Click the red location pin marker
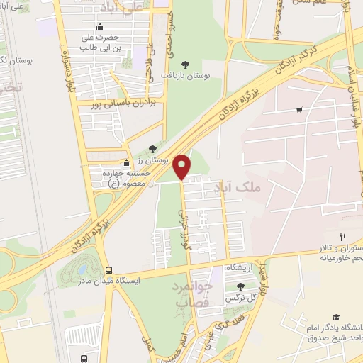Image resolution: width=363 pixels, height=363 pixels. pos(183,167)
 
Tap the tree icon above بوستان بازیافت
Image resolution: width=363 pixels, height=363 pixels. pos(186,64)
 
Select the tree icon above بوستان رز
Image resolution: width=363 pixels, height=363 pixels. pos(152,149)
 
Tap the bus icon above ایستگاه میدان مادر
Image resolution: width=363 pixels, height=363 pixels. pos(108,270)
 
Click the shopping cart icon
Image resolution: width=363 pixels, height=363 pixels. pos(300,110)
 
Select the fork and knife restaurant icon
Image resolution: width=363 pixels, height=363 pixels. pos(343,236)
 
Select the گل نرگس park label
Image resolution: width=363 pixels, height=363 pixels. pos(240,299)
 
